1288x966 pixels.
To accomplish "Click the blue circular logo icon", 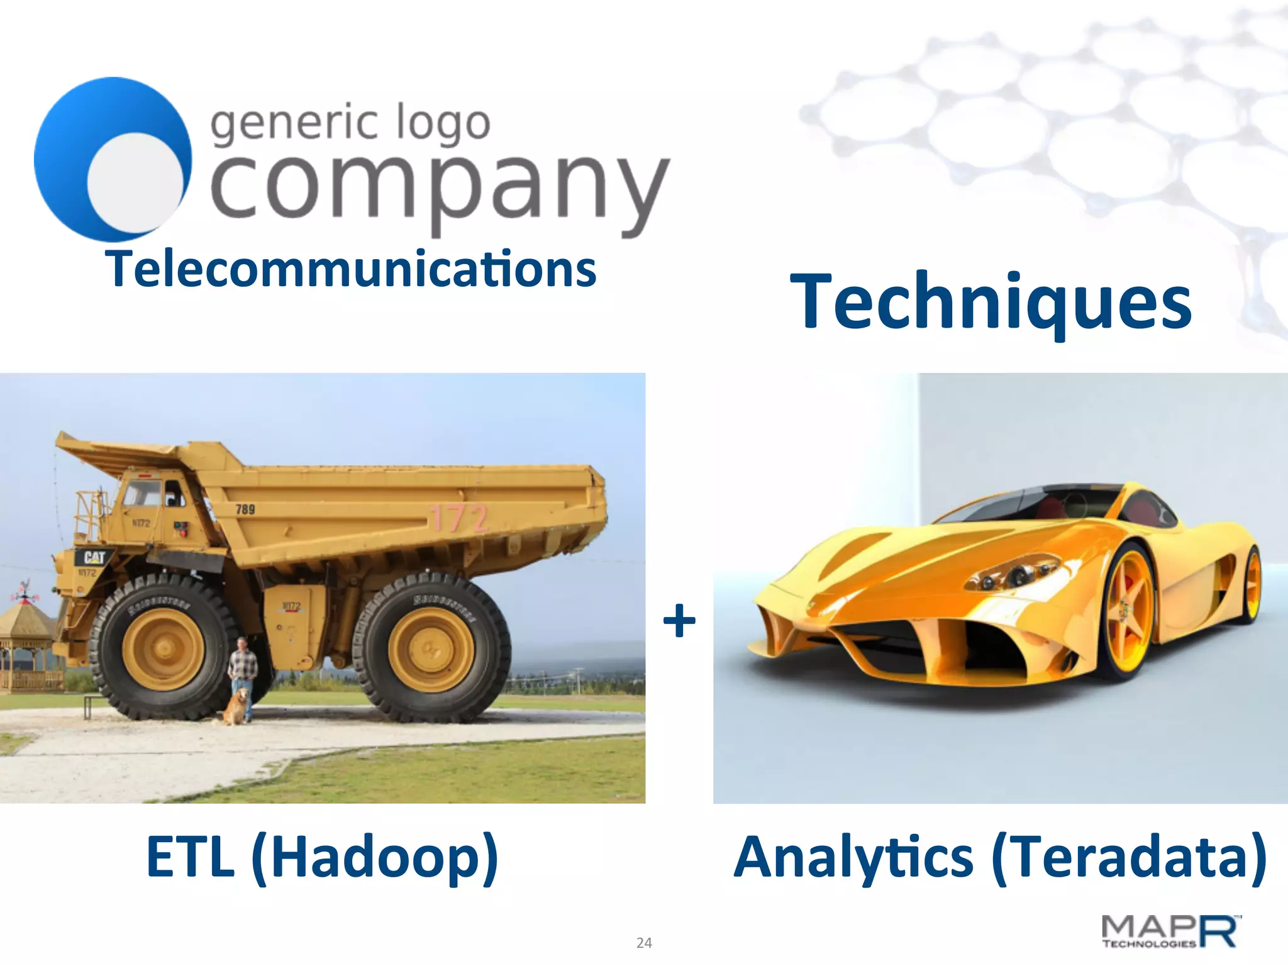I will click(113, 159).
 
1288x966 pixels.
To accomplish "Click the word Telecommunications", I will click(353, 270).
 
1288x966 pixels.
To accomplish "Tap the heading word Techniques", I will click(991, 301).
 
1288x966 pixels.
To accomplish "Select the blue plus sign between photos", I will click(679, 621).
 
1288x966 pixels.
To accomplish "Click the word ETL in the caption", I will click(191, 857).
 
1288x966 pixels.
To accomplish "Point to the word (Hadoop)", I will click(375, 858).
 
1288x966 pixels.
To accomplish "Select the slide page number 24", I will click(644, 943).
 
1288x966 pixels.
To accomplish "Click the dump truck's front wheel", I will click(163, 648).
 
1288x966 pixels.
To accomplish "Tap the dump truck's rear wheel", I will click(431, 648).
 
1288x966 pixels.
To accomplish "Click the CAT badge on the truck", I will click(94, 557).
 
